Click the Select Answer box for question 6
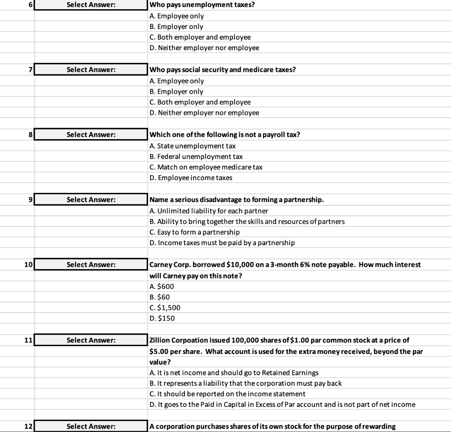pos(91,5)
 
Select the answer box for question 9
pos(91,199)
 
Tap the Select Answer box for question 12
pos(91,426)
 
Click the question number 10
pos(27,265)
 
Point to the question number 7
pos(30,70)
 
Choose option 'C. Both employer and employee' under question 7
pos(200,102)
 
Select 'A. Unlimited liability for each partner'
pos(209,210)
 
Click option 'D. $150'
pos(162,318)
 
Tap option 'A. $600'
pos(162,286)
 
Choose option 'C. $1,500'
pos(165,307)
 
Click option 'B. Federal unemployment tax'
pos(196,156)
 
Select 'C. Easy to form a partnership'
pos(195,232)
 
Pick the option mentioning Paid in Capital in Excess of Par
pos(282,404)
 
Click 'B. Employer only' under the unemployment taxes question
pos(176,26)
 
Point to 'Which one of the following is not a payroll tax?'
pos(225,135)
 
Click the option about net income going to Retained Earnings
pos(234,373)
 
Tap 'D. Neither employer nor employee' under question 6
pos(204,48)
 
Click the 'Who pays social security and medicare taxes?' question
pos(222,70)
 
